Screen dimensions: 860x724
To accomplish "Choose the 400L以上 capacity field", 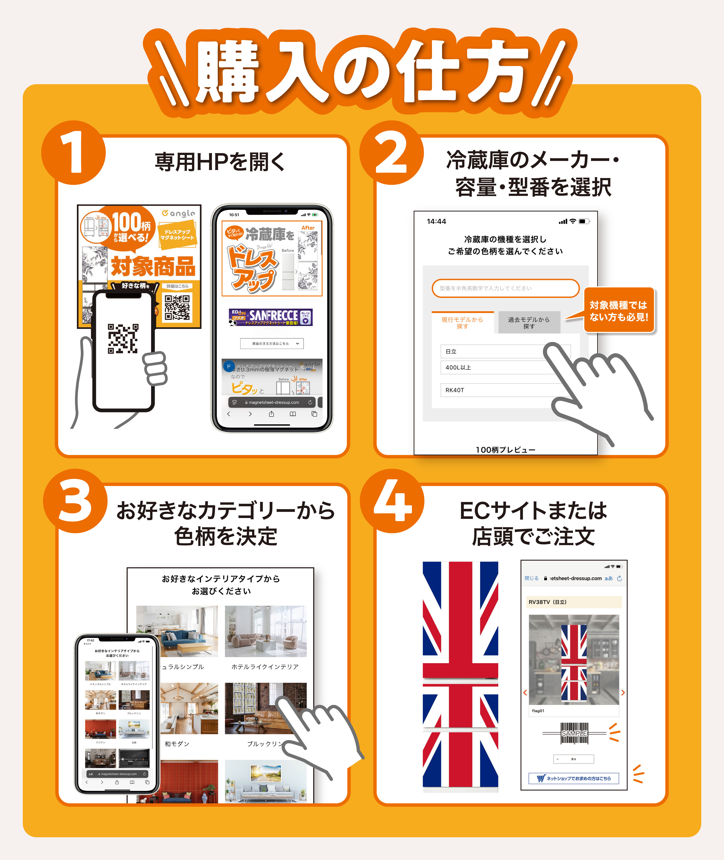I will click(x=497, y=367).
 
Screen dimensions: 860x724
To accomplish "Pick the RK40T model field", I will click(x=497, y=390).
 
